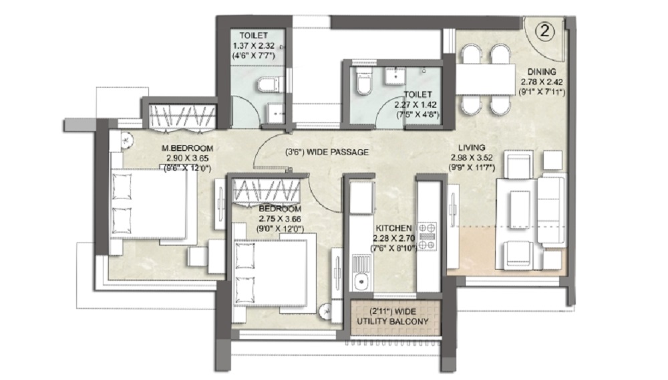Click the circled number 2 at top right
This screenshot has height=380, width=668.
[546, 31]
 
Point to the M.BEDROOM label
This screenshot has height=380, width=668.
[186, 148]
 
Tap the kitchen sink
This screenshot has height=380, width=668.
[361, 280]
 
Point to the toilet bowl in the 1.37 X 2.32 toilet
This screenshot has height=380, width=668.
[264, 84]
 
